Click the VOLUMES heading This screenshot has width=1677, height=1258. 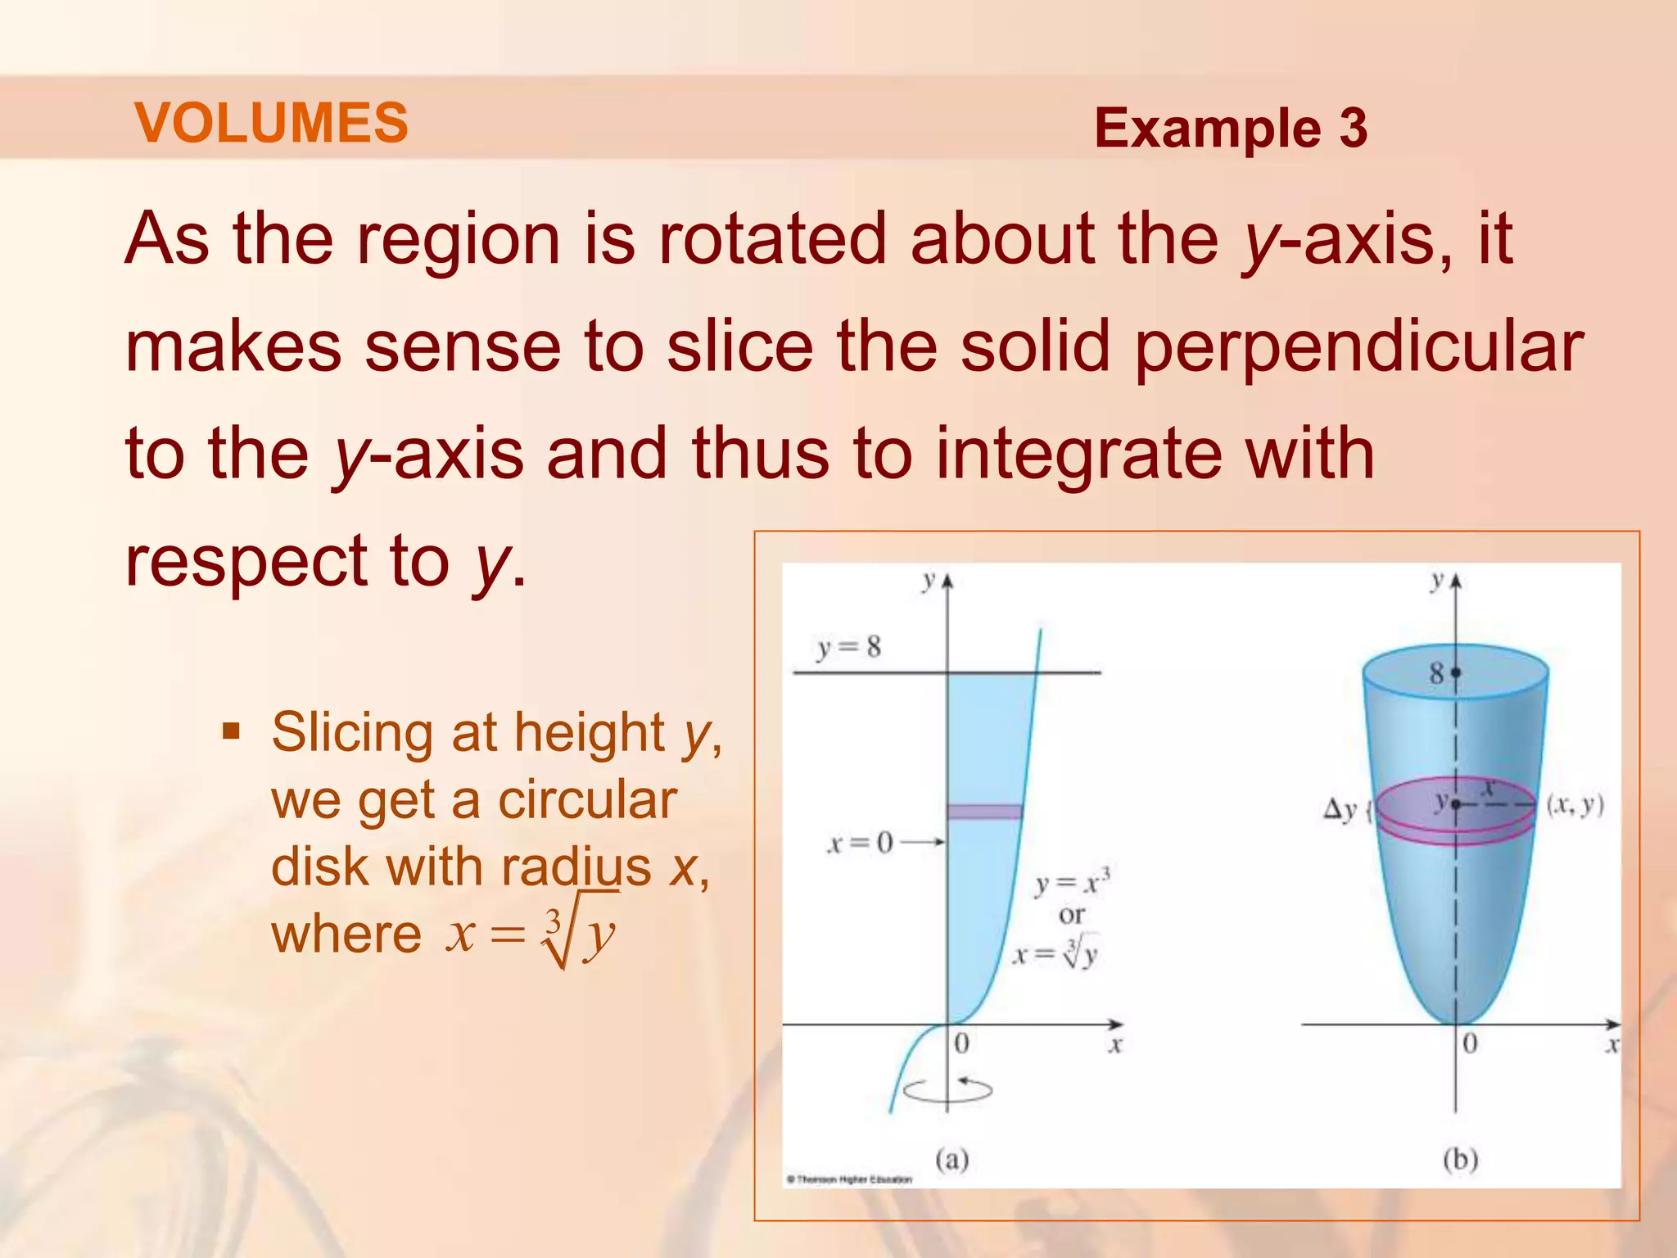pyautogui.click(x=271, y=123)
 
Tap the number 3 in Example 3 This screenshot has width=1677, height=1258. pyautogui.click(x=1353, y=129)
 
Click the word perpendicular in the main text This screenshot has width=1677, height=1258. pyautogui.click(x=1358, y=347)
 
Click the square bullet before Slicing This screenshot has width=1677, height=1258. pyautogui.click(x=232, y=730)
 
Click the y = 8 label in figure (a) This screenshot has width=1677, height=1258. pyautogui.click(x=849, y=648)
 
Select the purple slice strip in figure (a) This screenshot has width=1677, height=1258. pyautogui.click(x=985, y=812)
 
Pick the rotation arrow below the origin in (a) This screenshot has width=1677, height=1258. pyautogui.click(x=947, y=1090)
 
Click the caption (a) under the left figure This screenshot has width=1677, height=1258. pyautogui.click(x=952, y=1160)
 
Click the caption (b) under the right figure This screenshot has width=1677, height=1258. pyautogui.click(x=1460, y=1160)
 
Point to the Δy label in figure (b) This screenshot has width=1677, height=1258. pyautogui.click(x=1340, y=810)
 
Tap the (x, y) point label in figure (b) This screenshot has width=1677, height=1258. pyautogui.click(x=1575, y=806)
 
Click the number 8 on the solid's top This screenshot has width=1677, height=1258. pyautogui.click(x=1436, y=674)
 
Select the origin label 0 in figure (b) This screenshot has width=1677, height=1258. pyautogui.click(x=1470, y=1044)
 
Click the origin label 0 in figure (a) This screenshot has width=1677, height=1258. pyautogui.click(x=962, y=1044)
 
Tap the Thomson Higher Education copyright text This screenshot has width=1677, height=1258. pyautogui.click(x=849, y=1179)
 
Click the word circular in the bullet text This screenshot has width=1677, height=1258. pyautogui.click(x=587, y=799)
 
